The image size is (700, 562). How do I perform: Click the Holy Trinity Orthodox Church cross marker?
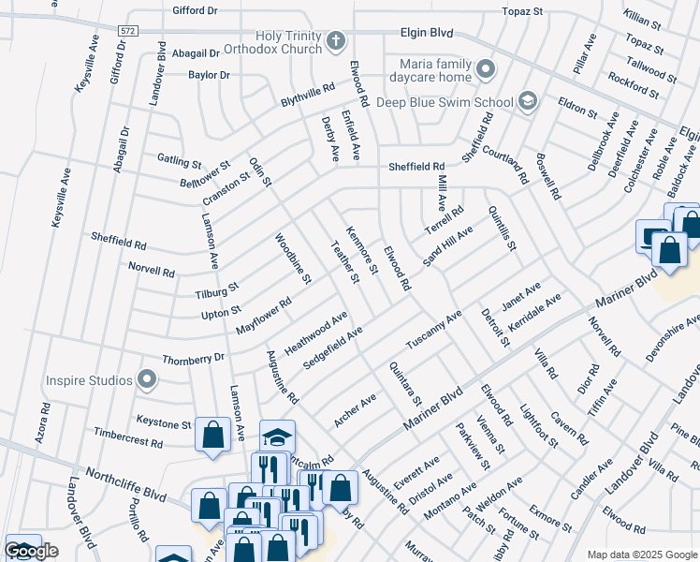336,41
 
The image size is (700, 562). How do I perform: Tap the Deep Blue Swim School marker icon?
528,101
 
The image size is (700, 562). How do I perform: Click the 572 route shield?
128,31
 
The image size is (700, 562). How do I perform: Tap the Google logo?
31,551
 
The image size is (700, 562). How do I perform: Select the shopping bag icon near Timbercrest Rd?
213,434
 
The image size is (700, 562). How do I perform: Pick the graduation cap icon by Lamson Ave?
277,436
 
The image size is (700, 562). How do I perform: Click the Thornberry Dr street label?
194,358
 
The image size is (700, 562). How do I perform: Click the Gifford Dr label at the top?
195,11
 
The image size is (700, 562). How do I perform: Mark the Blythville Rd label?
308,96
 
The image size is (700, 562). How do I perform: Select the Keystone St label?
163,422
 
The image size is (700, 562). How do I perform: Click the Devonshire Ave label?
672,340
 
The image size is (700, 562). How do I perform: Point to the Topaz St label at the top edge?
522,11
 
